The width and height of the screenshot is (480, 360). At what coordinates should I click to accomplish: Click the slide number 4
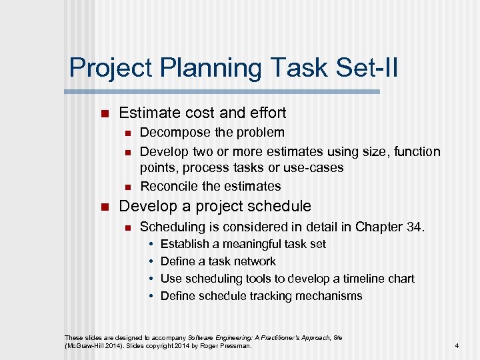coord(457,346)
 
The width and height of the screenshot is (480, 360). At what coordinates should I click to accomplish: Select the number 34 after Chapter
coord(413,227)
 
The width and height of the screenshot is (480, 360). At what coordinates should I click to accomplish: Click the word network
coord(253,261)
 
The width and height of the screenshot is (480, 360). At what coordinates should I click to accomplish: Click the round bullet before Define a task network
coord(151,261)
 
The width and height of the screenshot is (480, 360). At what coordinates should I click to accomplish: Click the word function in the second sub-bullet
coord(417,151)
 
